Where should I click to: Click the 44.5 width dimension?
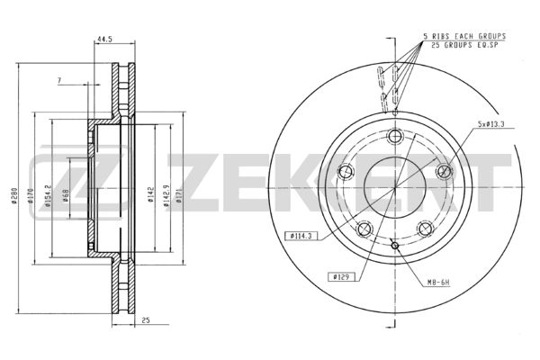pyautogui.click(x=106, y=40)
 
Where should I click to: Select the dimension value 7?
pyautogui.click(x=58, y=81)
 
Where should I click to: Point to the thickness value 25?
pyautogui.click(x=144, y=319)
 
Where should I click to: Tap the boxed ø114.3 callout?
pyautogui.click(x=301, y=235)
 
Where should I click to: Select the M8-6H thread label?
pyautogui.click(x=437, y=285)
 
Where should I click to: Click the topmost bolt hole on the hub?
pyautogui.click(x=394, y=137)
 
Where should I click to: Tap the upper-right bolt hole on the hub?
pyautogui.click(x=442, y=171)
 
